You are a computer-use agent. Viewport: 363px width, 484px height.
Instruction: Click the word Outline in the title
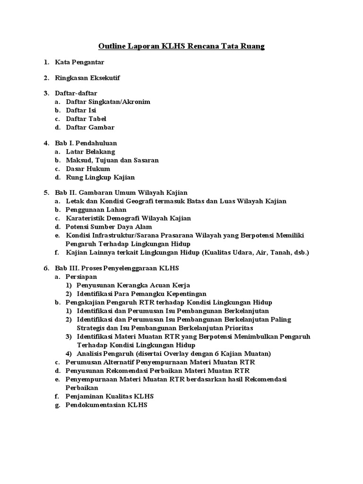pyautogui.click(x=112, y=46)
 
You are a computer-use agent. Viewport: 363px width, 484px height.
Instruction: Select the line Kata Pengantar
pyautogui.click(x=79, y=62)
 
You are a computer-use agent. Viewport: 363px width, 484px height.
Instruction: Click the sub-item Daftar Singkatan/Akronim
pyautogui.click(x=108, y=102)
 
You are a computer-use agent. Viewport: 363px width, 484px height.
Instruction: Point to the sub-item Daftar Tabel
pyautogui.click(x=86, y=119)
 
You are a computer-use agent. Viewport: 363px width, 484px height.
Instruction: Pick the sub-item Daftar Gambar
pyautogui.click(x=90, y=127)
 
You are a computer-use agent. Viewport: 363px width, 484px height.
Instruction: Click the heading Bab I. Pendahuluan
pyautogui.click(x=86, y=143)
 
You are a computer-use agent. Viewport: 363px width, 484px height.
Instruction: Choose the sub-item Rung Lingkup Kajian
pyautogui.click(x=100, y=177)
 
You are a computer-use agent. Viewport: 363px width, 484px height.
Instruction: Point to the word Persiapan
pyautogui.click(x=82, y=277)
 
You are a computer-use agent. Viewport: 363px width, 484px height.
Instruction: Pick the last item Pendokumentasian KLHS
pyautogui.click(x=107, y=405)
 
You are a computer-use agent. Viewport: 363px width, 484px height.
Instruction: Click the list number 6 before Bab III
pyautogui.click(x=46, y=268)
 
